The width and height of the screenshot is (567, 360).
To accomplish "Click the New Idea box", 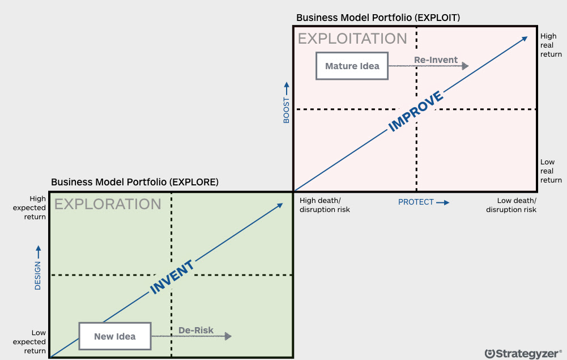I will click(115, 336).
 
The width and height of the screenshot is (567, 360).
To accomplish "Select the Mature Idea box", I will click(352, 66).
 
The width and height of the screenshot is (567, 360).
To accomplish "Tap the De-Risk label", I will click(196, 330).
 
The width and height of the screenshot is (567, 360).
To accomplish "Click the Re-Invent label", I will click(436, 60).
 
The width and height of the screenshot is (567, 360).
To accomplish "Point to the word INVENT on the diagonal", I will click(172, 277).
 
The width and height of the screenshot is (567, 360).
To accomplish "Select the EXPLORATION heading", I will click(108, 204).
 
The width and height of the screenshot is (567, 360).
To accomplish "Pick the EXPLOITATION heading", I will click(352, 39).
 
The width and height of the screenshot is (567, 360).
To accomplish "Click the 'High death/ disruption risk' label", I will click(325, 205).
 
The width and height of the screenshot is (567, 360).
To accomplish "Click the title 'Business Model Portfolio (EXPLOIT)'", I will click(378, 18).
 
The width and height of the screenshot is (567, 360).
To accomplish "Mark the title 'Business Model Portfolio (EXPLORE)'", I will click(135, 182).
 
